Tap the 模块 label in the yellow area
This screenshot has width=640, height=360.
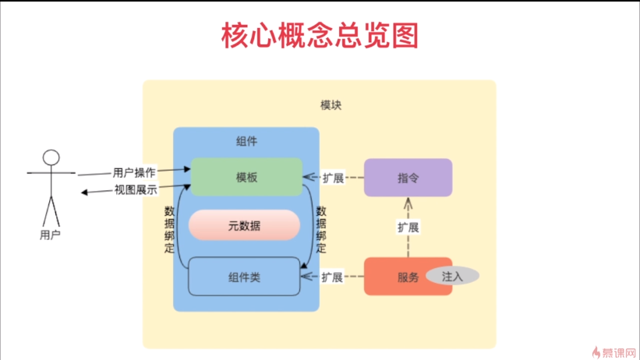pos(331,105)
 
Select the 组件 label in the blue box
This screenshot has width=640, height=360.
pos(246,142)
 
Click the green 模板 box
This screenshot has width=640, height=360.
pos(246,177)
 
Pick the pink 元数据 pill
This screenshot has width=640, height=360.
pos(244,226)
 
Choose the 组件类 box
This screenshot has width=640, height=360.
pos(244,277)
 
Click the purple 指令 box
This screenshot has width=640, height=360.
pos(408,178)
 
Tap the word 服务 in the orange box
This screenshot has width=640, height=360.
pos(408,277)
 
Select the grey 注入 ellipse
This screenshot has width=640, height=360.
pos(452,276)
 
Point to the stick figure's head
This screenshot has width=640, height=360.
pos(51,157)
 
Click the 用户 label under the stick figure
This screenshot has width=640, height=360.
pos(51,234)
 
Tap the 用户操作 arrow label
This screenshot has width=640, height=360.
pos(134,172)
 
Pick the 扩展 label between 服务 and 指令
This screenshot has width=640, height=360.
pos(408,228)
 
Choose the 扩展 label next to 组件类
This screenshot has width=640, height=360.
pos(333,277)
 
